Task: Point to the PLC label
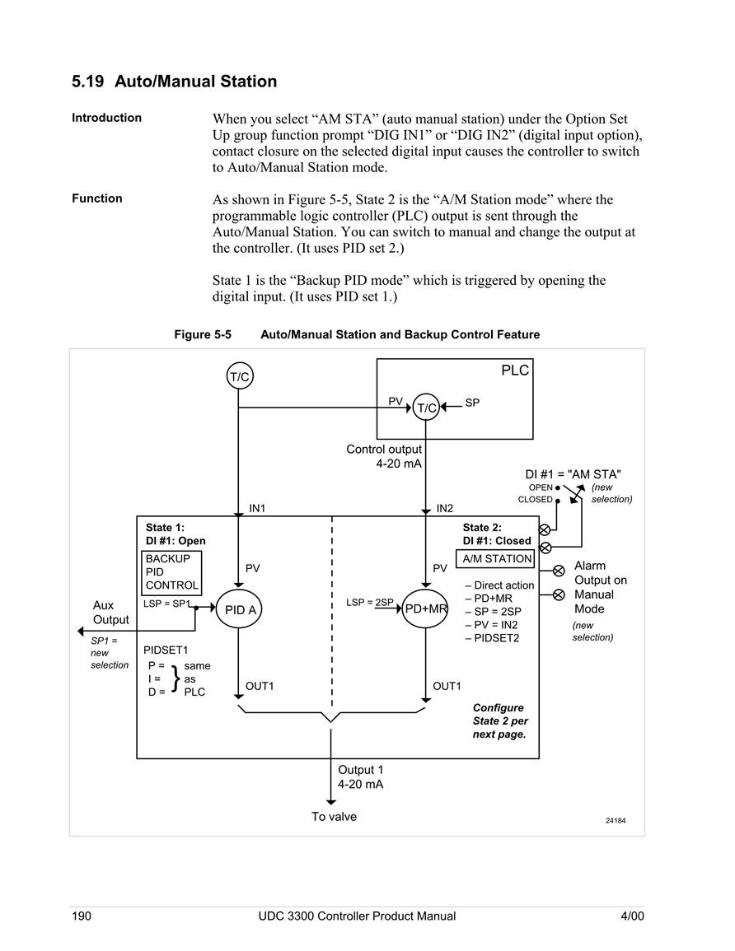click(x=515, y=371)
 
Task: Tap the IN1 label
click(x=257, y=508)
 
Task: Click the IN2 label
click(x=444, y=508)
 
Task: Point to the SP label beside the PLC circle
click(x=471, y=403)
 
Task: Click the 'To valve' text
click(x=334, y=816)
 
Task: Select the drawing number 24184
click(x=616, y=821)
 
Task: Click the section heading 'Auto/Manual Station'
click(x=195, y=82)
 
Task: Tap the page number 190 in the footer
click(x=82, y=916)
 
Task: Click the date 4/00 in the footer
click(x=632, y=916)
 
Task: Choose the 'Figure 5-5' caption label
click(x=203, y=335)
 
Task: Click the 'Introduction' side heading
click(x=106, y=118)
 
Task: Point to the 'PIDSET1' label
click(x=166, y=650)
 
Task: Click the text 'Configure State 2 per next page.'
click(x=500, y=721)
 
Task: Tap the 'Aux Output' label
click(x=110, y=613)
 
